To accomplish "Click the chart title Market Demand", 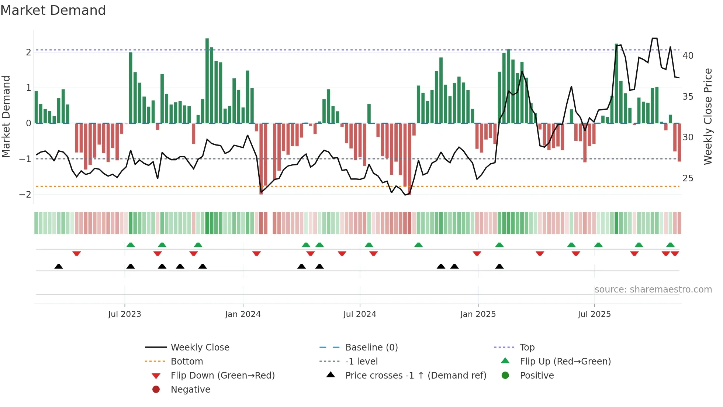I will (x=53, y=10).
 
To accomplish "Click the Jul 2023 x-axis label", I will (x=124, y=314).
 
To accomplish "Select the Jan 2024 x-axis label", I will (x=243, y=314).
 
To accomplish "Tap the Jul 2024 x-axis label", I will (x=360, y=314).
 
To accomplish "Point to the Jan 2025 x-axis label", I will (x=478, y=314).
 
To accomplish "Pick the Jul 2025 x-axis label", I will (x=594, y=314).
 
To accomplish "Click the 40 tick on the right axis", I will (x=688, y=56).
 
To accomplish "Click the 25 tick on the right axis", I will (x=688, y=178).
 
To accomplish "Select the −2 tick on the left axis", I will (x=25, y=195).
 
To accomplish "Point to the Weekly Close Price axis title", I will (x=708, y=116).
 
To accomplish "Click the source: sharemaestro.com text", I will (x=653, y=290).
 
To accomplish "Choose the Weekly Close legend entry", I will (x=200, y=348).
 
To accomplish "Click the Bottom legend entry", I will (x=187, y=362).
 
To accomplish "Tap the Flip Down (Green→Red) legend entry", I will (x=222, y=376).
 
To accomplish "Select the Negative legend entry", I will (x=190, y=390).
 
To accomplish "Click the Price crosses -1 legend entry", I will (x=416, y=376).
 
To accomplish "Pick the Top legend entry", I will (x=527, y=348).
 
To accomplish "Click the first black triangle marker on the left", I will (x=59, y=266).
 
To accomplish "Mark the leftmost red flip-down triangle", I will (x=77, y=253).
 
